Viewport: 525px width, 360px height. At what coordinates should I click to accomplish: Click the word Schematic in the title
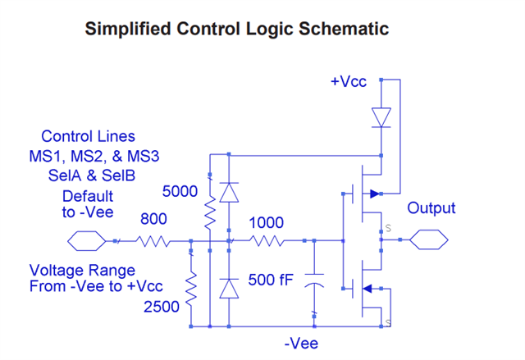[x=344, y=29]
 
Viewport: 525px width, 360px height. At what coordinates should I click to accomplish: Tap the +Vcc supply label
[x=349, y=81]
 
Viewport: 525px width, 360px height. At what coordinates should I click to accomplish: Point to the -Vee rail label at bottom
[x=301, y=344]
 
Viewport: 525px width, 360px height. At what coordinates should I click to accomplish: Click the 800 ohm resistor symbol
[x=153, y=241]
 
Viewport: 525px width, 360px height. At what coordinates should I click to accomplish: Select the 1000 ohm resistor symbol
[x=267, y=241]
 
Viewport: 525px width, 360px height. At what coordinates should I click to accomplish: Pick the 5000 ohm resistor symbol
[x=210, y=213]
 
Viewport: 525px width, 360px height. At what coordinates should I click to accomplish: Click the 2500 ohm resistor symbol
[x=191, y=289]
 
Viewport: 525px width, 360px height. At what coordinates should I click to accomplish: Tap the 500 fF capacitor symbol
[x=314, y=280]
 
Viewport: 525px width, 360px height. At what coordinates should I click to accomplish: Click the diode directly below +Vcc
[x=381, y=117]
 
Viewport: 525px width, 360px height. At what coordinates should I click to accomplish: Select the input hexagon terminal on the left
[x=87, y=241]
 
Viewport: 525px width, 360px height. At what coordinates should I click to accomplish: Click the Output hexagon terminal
[x=428, y=239]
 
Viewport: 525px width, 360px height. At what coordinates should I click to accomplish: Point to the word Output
[x=431, y=207]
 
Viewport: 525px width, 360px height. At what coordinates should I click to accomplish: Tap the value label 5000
[x=180, y=191]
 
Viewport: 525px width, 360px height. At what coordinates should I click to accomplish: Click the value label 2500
[x=162, y=307]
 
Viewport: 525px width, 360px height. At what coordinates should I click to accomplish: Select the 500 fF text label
[x=271, y=280]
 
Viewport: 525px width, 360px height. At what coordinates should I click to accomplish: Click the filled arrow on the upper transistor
[x=375, y=194]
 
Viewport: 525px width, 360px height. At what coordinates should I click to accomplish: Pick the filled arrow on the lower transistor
[x=367, y=289]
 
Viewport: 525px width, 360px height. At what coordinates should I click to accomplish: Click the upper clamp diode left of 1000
[x=229, y=193]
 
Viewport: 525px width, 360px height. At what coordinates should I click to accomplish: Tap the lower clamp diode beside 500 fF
[x=229, y=289]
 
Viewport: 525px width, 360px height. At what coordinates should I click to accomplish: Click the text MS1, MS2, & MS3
[x=94, y=157]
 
